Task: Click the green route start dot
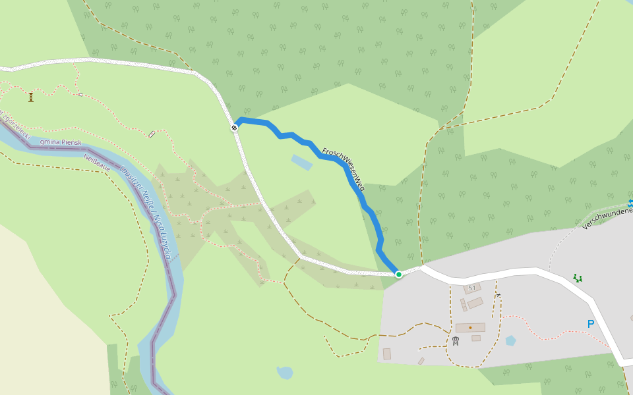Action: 398,274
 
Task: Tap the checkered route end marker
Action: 234,127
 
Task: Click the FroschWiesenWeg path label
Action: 344,169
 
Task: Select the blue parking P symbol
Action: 590,323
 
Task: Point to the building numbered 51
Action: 471,288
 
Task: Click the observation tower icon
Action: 455,341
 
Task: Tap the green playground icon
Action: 578,278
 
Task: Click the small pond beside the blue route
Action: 301,162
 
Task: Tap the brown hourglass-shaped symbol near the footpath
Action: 31,97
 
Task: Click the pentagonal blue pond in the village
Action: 510,340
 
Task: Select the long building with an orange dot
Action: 470,327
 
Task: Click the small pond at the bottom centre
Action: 285,373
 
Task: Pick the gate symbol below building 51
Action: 498,295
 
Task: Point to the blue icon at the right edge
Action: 630,203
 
